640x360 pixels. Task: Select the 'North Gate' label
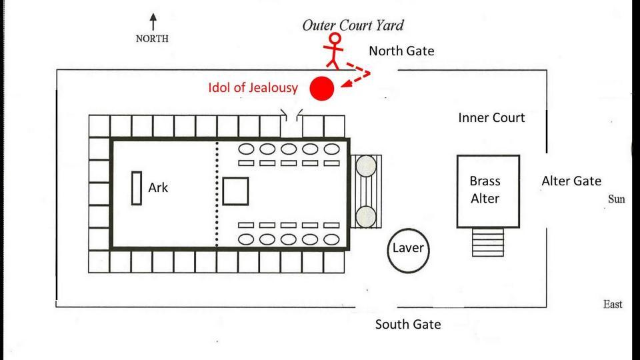tap(401, 51)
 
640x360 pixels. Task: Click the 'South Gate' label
tap(407, 325)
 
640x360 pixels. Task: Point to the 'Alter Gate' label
tap(571, 181)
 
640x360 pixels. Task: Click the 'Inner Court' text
tap(491, 118)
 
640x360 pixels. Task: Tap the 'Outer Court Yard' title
tap(353, 25)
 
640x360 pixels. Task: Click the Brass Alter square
tap(488, 191)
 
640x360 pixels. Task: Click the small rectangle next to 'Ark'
tap(137, 188)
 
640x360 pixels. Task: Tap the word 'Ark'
tap(158, 187)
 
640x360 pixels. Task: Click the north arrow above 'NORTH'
tap(153, 21)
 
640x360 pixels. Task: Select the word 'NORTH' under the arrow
tap(153, 38)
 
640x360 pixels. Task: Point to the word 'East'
tap(612, 304)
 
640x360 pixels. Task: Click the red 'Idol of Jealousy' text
tap(251, 87)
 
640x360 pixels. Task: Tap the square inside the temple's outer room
tap(235, 191)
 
